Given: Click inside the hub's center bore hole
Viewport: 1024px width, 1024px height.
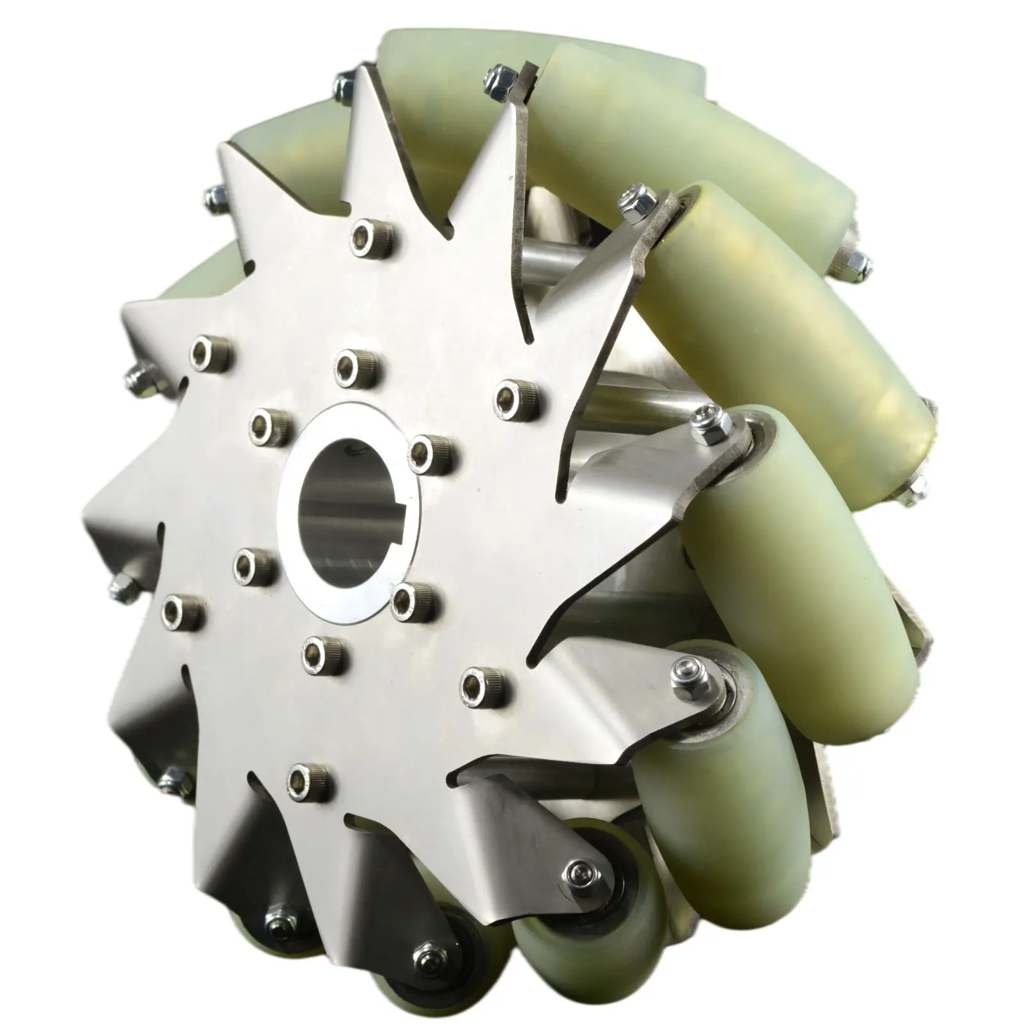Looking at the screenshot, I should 345,505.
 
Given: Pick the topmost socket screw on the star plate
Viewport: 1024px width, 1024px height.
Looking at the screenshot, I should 372,233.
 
